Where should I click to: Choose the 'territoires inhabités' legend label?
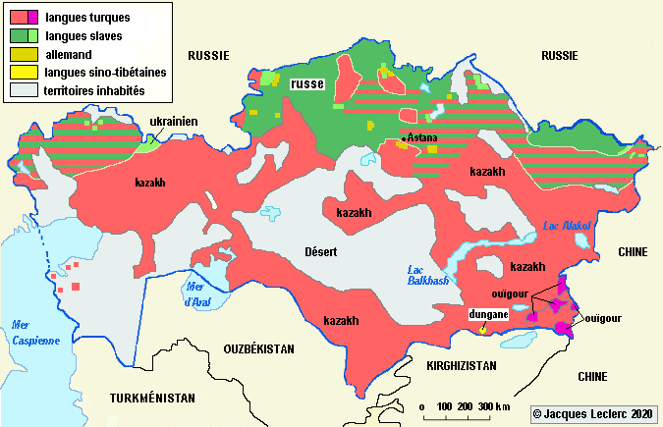click(106, 91)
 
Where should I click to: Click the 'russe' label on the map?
click(307, 85)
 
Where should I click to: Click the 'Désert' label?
click(320, 252)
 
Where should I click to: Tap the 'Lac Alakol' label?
click(568, 227)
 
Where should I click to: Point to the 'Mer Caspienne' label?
click(30, 333)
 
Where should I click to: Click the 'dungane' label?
click(487, 314)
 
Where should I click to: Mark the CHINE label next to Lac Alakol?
click(633, 252)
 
